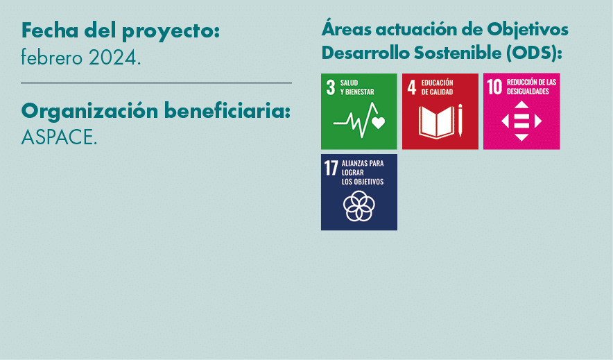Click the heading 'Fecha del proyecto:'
121,31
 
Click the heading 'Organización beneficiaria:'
155,111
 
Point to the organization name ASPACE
59,137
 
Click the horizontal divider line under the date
156,83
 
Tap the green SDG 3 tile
359,111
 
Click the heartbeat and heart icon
359,121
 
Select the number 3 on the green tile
330,87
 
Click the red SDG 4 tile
440,111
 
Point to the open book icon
436,121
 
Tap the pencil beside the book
460,120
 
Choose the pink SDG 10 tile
521,111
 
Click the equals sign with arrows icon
521,121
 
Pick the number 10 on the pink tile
494,87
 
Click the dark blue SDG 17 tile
359,192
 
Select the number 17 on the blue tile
331,168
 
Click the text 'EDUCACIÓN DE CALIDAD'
437,87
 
